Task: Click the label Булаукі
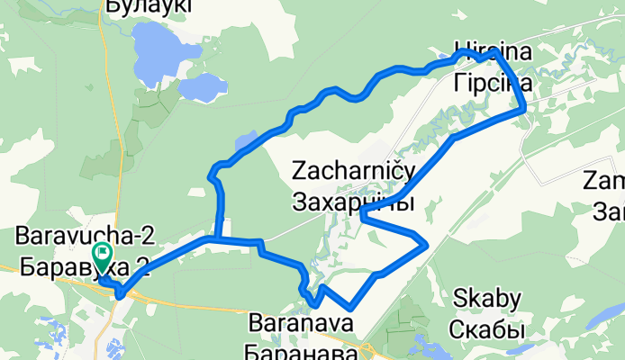point(149,7)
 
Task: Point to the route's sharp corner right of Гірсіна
point(524,111)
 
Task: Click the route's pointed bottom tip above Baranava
point(349,310)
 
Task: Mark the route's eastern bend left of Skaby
point(424,244)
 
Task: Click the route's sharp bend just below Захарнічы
point(361,214)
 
